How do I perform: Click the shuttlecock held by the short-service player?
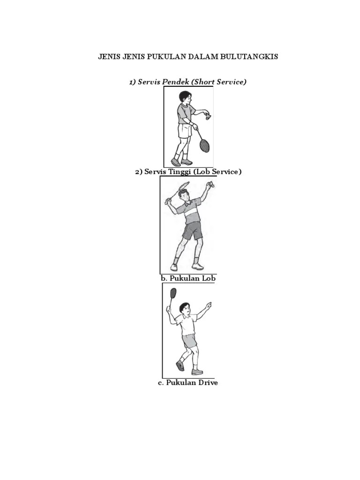(x=209, y=117)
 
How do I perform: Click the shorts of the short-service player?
(x=185, y=131)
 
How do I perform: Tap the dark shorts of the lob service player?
(x=192, y=231)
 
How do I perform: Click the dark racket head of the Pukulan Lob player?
(x=173, y=292)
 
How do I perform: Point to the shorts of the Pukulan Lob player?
(x=190, y=341)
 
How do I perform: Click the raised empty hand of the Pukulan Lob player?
(x=209, y=305)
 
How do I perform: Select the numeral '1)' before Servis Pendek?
(x=133, y=82)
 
